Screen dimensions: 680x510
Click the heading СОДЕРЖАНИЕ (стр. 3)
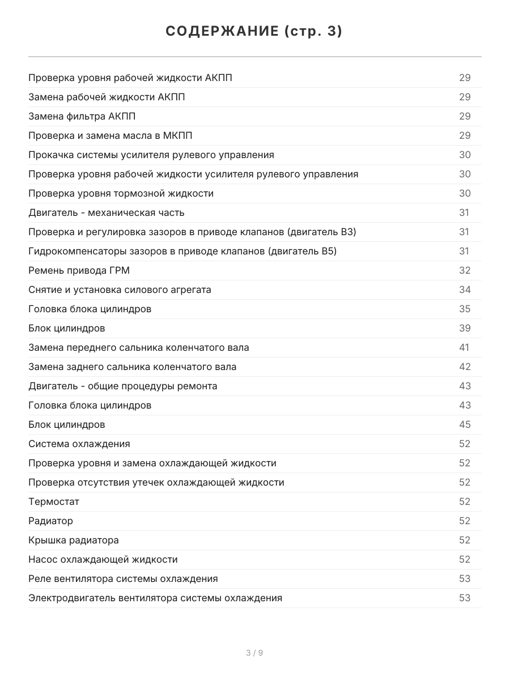coord(254,32)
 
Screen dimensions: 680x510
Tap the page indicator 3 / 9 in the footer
coord(254,653)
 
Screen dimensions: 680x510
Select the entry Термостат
coord(54,501)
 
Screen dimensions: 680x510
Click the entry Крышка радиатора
coord(74,540)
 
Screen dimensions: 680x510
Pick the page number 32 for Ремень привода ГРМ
coord(465,270)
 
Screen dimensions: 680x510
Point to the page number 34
coord(465,290)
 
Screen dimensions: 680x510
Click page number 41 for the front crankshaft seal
coord(464,347)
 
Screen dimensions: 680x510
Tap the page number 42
coord(465,367)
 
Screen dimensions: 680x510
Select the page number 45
coord(465,424)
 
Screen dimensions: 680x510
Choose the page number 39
coord(465,328)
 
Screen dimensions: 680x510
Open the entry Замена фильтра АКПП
coord(82,116)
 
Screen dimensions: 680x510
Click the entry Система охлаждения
coord(79,444)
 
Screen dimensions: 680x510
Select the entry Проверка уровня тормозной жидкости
coord(121,193)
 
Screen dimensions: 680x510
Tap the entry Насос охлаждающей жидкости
coord(103,559)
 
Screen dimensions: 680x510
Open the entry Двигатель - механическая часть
coord(107,212)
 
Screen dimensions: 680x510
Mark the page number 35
coord(465,309)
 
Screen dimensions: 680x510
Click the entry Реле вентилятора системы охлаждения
coord(123,579)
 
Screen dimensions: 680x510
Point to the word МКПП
coord(184,135)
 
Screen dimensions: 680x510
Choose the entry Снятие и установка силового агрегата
coord(120,290)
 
